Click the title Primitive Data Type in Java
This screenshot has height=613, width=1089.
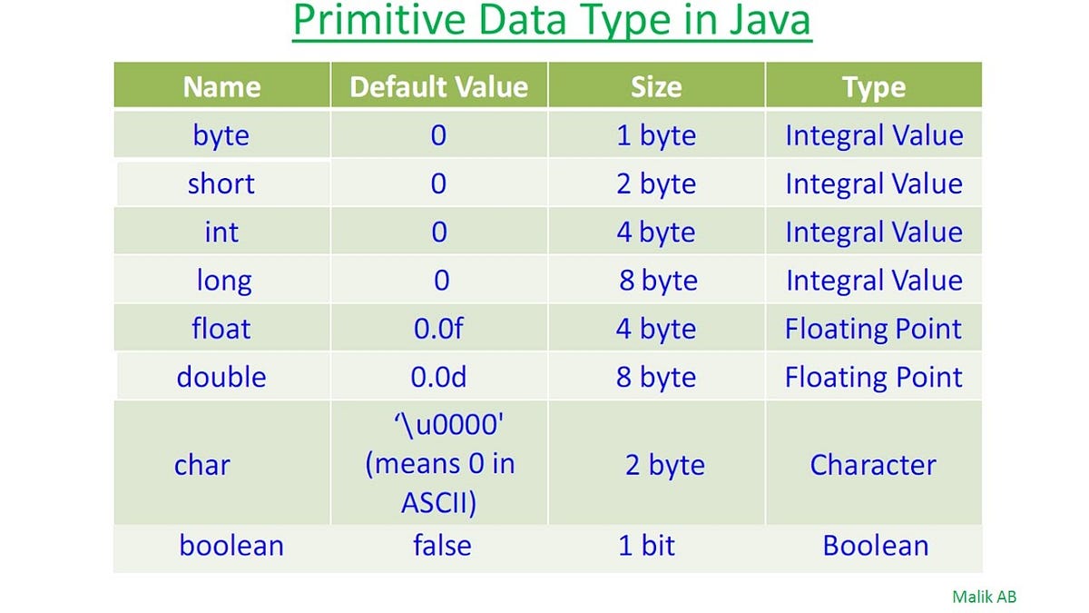552,22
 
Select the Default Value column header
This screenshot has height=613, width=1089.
438,87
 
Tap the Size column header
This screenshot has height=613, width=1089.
656,87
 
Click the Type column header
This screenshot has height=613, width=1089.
873,87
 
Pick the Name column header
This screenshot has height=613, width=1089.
221,87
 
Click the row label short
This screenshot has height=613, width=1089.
221,183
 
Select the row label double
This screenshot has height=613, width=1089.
221,377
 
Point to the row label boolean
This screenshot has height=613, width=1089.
231,546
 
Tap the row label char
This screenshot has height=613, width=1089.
202,465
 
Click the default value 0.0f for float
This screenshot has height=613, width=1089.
438,329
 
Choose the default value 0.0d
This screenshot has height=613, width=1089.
438,377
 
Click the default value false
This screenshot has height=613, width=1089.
442,546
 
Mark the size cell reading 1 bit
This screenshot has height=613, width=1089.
646,546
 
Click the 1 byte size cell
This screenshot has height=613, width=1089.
656,135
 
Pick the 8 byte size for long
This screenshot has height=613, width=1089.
658,281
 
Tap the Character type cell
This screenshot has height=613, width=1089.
873,465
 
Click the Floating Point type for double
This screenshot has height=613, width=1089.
873,377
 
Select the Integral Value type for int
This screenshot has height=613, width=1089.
873,232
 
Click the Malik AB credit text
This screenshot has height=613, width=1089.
985,597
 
